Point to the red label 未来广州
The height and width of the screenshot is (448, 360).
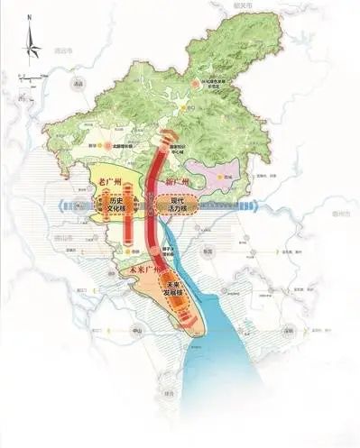(143, 270)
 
